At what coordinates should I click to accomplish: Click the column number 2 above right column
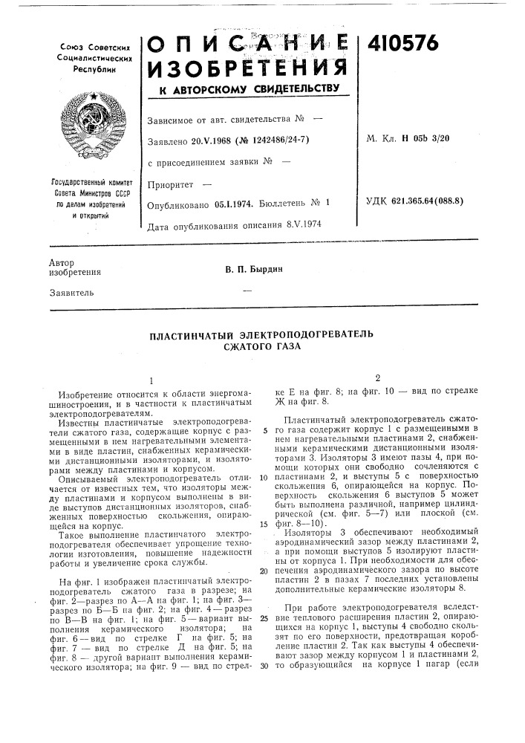[x=378, y=377]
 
